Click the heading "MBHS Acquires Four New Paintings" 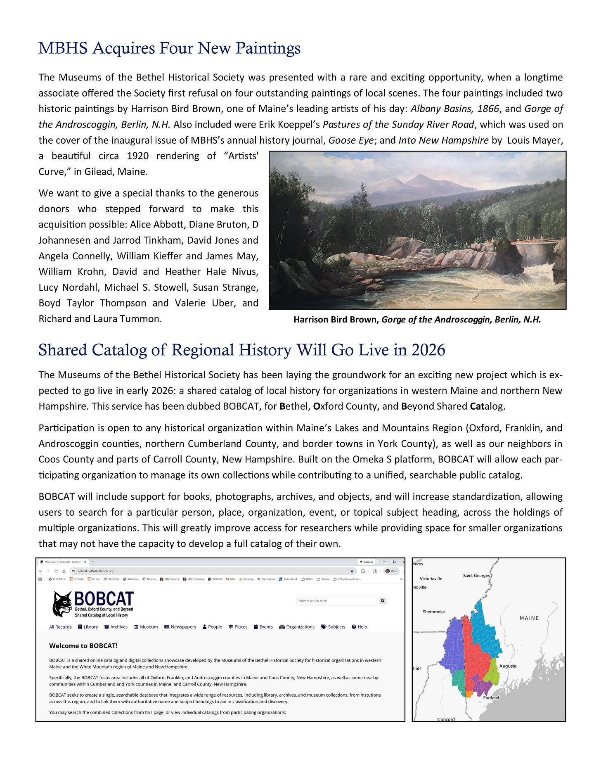pyautogui.click(x=169, y=48)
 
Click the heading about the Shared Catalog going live pyautogui.click(x=241, y=350)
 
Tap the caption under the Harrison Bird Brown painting pyautogui.click(x=417, y=320)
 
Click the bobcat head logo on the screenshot pyautogui.click(x=62, y=604)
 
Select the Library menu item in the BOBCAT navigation pyautogui.click(x=88, y=627)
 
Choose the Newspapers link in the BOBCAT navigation pyautogui.click(x=180, y=627)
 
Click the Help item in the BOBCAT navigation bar pyautogui.click(x=360, y=627)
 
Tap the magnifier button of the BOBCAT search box pyautogui.click(x=383, y=601)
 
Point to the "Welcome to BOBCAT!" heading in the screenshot pyautogui.click(x=83, y=646)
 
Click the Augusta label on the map pyautogui.click(x=508, y=666)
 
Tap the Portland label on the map pyautogui.click(x=491, y=697)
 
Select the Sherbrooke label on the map pyautogui.click(x=434, y=612)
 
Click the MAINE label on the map pyautogui.click(x=529, y=618)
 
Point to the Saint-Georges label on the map pyautogui.click(x=477, y=576)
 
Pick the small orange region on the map pyautogui.click(x=468, y=695)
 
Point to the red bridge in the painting pyautogui.click(x=532, y=240)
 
